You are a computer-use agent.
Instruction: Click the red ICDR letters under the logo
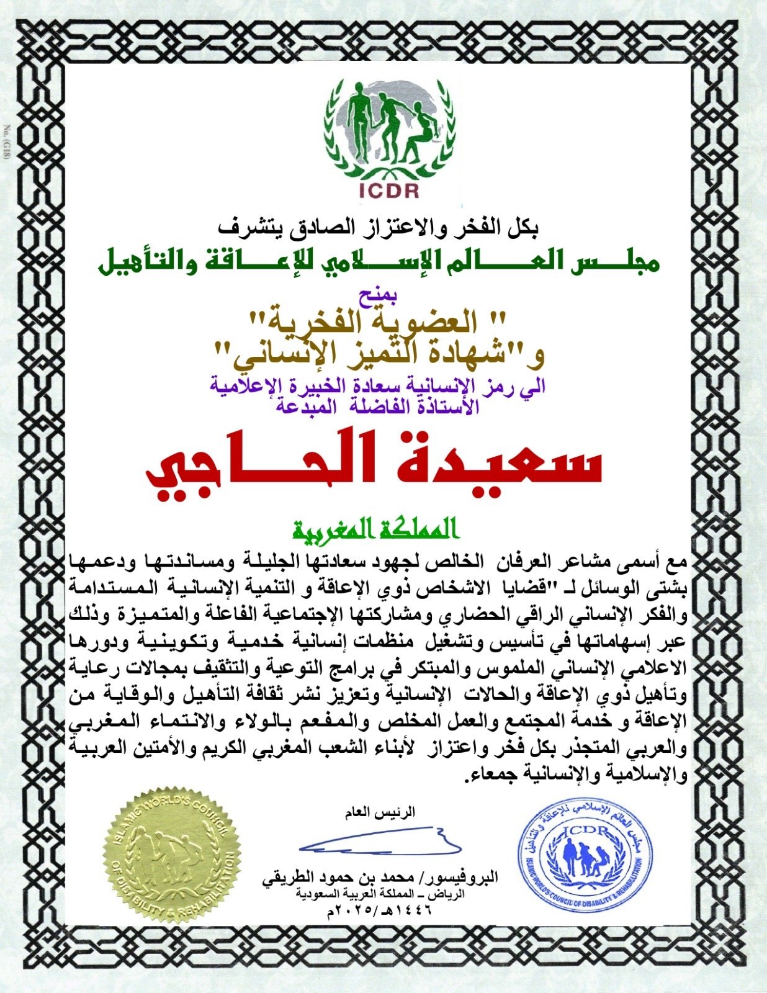click(x=389, y=190)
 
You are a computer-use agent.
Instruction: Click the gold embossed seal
click(x=171, y=855)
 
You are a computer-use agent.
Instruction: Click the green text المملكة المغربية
click(x=376, y=529)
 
